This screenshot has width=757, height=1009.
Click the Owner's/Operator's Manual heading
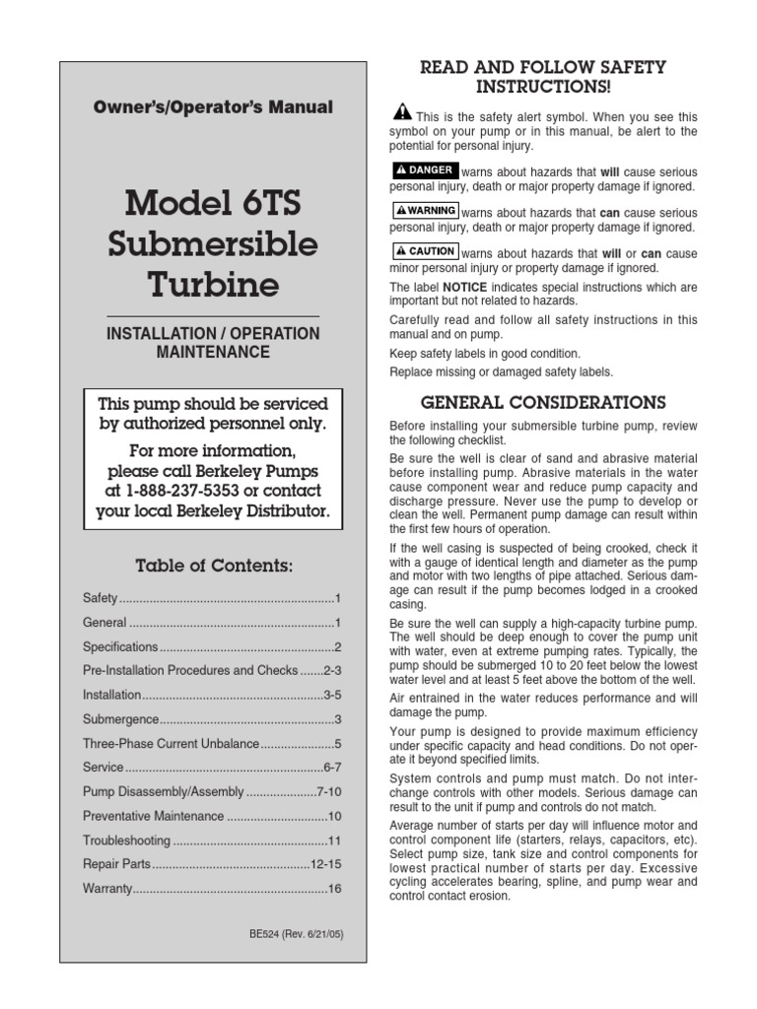tap(213, 107)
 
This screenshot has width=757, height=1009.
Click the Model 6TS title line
tap(213, 204)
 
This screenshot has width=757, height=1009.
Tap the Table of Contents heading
tap(213, 565)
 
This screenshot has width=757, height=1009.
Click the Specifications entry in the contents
tap(120, 647)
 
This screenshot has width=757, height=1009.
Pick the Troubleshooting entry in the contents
tap(127, 841)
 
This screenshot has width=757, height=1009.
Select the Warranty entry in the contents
tap(107, 889)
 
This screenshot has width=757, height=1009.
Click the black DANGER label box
tap(425, 170)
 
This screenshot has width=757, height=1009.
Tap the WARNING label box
tap(425, 211)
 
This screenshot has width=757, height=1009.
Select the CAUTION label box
tap(425, 251)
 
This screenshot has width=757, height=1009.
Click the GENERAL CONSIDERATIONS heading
tap(543, 402)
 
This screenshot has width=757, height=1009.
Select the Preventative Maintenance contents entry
tap(154, 816)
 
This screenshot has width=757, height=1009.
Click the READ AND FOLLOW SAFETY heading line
tap(543, 67)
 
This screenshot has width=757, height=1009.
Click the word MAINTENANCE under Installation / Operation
tap(213, 352)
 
